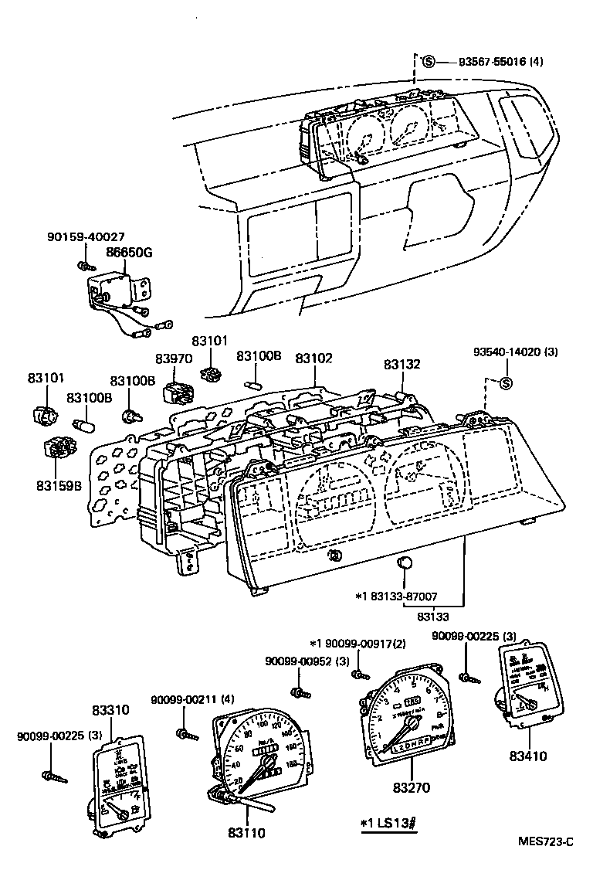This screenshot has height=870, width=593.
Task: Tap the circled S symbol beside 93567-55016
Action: pos(429,61)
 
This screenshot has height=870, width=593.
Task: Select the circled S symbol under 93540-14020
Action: pos(507,384)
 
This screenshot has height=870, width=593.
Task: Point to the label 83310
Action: pos(110,709)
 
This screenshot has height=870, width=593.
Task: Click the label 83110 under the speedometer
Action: pos(246,832)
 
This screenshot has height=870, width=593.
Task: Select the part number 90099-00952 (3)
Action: pos(296,661)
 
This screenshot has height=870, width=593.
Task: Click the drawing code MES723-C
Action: pos(547,841)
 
